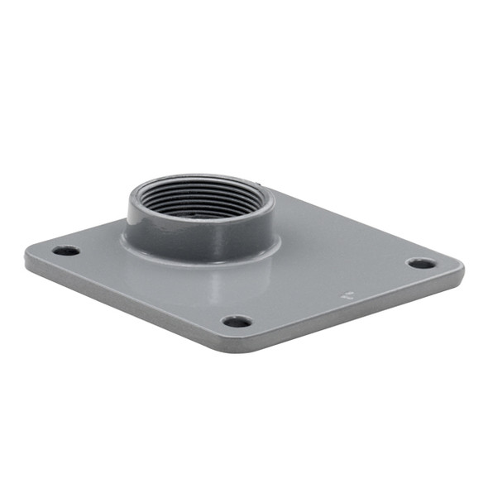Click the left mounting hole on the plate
click(x=65, y=251)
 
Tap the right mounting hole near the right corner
click(x=421, y=264)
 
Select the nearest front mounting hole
click(x=237, y=321)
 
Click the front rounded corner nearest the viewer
click(x=236, y=347)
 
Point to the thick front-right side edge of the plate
click(x=356, y=318)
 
